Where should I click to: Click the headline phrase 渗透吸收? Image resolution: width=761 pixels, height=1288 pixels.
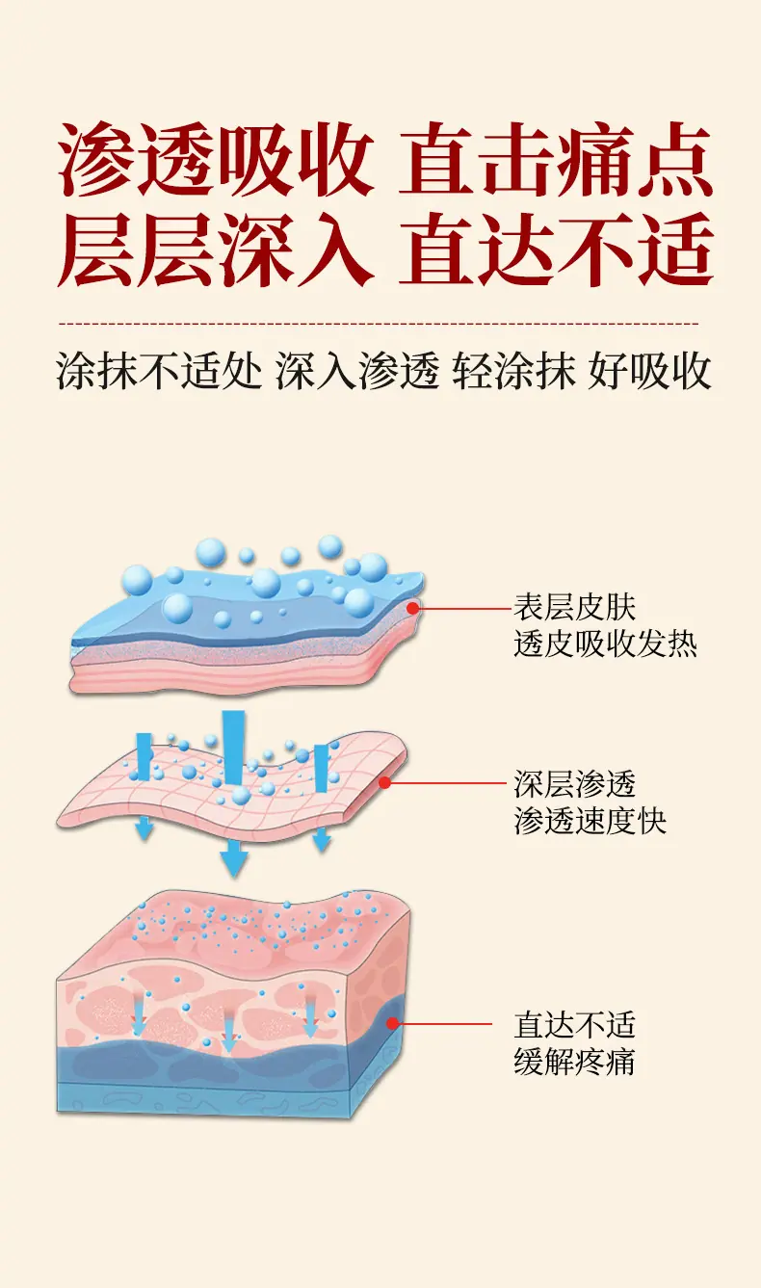pyautogui.click(x=216, y=158)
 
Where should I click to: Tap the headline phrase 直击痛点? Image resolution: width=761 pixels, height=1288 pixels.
pyautogui.click(x=556, y=158)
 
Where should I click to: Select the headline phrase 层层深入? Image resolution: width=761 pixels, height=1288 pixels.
pyautogui.click(x=216, y=249)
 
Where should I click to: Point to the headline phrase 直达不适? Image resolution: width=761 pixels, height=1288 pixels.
pyautogui.click(x=556, y=249)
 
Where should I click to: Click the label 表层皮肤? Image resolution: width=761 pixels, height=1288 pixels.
pyautogui.click(x=575, y=607)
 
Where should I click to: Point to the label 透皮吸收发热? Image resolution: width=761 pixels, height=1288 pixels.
pyautogui.click(x=605, y=644)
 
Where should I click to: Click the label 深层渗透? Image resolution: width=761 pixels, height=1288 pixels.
pyautogui.click(x=575, y=784)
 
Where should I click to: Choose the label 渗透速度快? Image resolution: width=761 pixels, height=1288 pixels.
pyautogui.click(x=590, y=821)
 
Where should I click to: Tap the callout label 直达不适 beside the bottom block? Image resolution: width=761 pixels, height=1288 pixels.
pyautogui.click(x=575, y=1025)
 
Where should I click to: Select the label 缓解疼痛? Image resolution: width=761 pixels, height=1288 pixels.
pyautogui.click(x=575, y=1062)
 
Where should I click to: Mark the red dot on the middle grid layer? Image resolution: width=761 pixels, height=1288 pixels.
pyautogui.click(x=385, y=782)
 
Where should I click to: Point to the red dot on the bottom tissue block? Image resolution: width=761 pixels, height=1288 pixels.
pyautogui.click(x=393, y=1024)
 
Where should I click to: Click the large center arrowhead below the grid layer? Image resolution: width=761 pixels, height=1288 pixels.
pyautogui.click(x=233, y=859)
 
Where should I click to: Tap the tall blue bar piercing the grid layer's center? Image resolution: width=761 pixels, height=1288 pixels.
pyautogui.click(x=233, y=749)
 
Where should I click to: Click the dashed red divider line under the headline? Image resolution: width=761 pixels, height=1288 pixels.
pyautogui.click(x=379, y=324)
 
